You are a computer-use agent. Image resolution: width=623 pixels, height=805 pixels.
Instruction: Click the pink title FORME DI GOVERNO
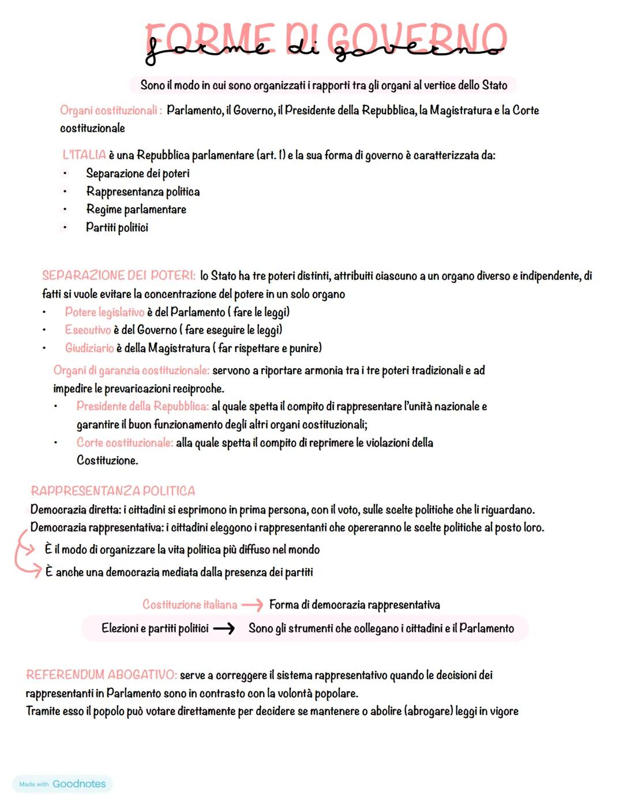pyautogui.click(x=326, y=39)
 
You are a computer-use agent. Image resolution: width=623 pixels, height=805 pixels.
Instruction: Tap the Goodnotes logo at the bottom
pyautogui.click(x=62, y=784)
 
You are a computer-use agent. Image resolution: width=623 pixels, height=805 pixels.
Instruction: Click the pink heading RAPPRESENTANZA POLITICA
pyautogui.click(x=113, y=491)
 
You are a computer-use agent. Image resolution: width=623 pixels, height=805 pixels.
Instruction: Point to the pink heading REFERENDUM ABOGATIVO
pyautogui.click(x=101, y=675)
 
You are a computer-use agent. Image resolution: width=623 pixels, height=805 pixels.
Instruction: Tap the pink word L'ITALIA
pyautogui.click(x=84, y=155)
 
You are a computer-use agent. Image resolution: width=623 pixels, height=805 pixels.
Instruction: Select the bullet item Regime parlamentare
pyautogui.click(x=136, y=209)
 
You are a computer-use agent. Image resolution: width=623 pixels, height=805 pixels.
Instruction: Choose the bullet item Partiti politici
pyautogui.click(x=117, y=227)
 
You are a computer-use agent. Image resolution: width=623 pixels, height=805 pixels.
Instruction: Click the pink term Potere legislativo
pyautogui.click(x=104, y=312)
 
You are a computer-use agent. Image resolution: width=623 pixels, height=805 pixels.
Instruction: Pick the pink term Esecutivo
pyautogui.click(x=88, y=330)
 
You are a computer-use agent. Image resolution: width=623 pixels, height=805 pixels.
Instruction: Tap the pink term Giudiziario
pyautogui.click(x=89, y=348)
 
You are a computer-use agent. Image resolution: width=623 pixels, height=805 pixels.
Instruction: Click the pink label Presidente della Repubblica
pyautogui.click(x=142, y=406)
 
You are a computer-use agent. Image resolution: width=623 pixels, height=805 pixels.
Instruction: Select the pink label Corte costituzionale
pyautogui.click(x=125, y=443)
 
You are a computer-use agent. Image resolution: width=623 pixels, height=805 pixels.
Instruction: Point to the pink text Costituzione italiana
pyautogui.click(x=190, y=605)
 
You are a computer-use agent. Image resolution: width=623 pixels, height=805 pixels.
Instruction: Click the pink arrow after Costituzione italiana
pyautogui.click(x=252, y=605)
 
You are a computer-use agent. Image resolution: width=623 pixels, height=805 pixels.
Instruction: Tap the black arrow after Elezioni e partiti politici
pyautogui.click(x=224, y=628)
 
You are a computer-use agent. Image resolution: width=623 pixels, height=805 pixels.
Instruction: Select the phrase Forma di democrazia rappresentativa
pyautogui.click(x=354, y=605)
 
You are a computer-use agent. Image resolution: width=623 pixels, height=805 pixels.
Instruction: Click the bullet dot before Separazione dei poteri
pyautogui.click(x=65, y=174)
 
